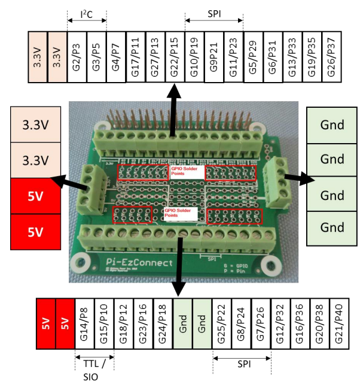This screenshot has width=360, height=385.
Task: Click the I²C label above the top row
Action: (86, 13)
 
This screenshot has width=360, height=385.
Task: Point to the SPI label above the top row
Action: (213, 13)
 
